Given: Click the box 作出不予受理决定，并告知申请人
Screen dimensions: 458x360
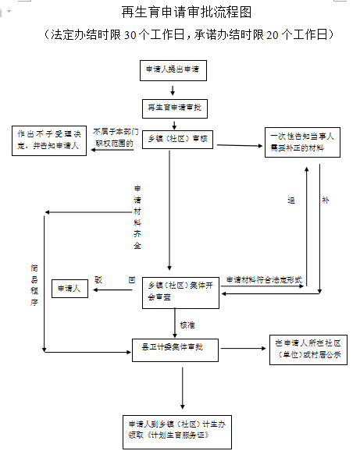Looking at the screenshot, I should pyautogui.click(x=48, y=140).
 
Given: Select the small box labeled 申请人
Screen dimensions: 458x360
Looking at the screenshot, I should pyautogui.click(x=69, y=289).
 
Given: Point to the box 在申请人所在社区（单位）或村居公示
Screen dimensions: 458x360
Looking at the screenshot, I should pyautogui.click(x=308, y=348).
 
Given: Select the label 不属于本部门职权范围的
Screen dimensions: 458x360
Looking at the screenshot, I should pyautogui.click(x=114, y=137).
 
